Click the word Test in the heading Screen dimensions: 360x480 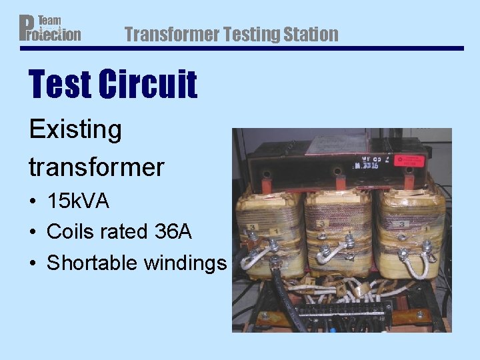[61, 85]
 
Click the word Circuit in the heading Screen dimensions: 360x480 [148, 85]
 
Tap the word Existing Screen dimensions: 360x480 [75, 129]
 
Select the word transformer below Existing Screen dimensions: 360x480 [96, 167]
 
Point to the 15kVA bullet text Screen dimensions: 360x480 [78, 201]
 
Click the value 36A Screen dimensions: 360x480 [173, 232]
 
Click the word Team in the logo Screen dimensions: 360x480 [49, 21]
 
